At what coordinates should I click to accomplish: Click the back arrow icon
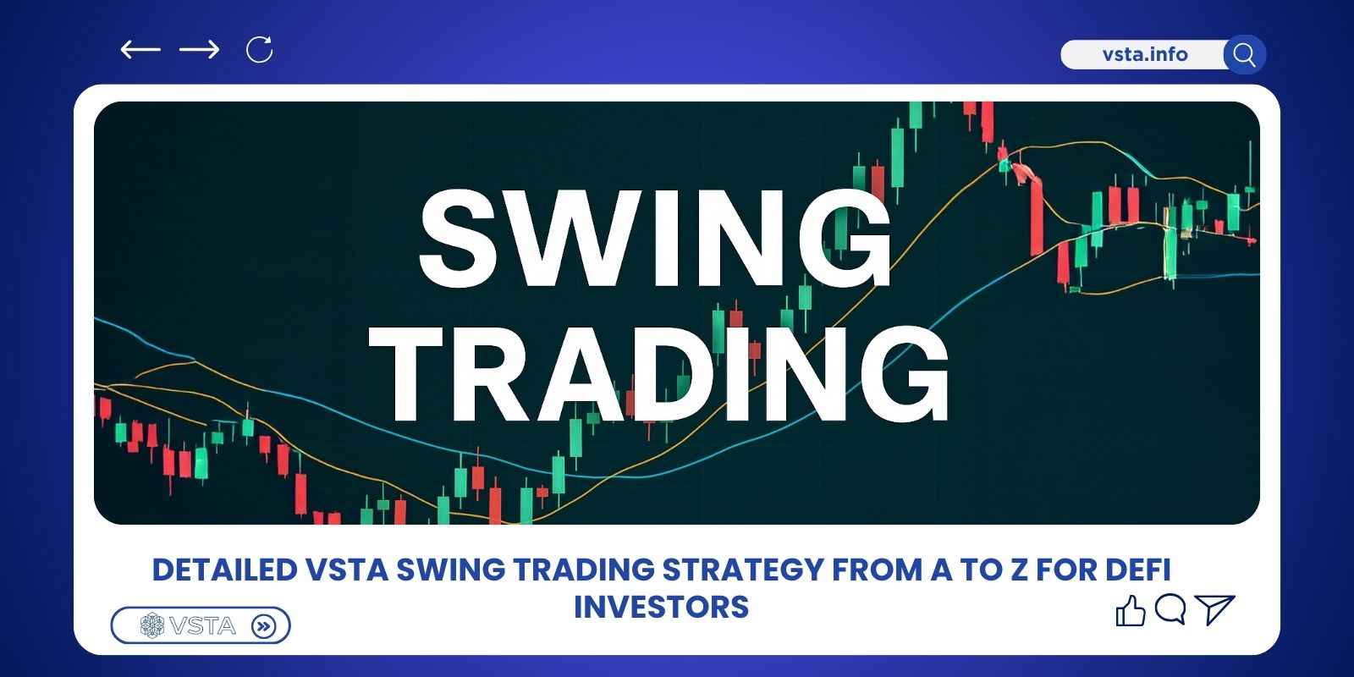pyautogui.click(x=140, y=50)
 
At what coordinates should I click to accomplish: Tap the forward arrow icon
pyautogui.click(x=200, y=50)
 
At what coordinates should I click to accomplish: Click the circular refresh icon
pyautogui.click(x=259, y=50)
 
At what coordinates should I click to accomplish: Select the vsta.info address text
pyautogui.click(x=1145, y=55)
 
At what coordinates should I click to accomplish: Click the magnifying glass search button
pyautogui.click(x=1244, y=55)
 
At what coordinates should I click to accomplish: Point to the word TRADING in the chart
pyautogui.click(x=667, y=372)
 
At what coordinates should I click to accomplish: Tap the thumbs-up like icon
pyautogui.click(x=1131, y=610)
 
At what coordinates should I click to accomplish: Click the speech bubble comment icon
pyautogui.click(x=1170, y=609)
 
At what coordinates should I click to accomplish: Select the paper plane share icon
pyautogui.click(x=1216, y=609)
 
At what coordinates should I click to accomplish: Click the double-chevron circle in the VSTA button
pyautogui.click(x=265, y=626)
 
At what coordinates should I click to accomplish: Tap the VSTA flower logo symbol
pyautogui.click(x=152, y=626)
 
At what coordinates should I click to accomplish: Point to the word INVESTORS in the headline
pyautogui.click(x=661, y=607)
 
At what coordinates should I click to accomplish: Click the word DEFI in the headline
pyautogui.click(x=1138, y=570)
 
